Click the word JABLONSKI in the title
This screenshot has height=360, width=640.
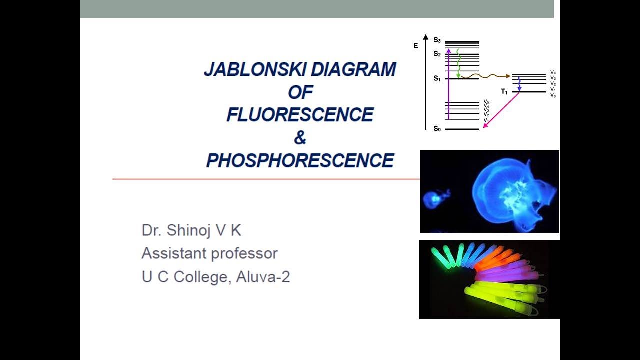point(248,70)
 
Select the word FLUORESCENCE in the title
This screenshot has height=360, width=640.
point(300,115)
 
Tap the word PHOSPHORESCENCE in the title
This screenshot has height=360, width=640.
point(300,160)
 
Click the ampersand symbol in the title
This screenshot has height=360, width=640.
point(300,138)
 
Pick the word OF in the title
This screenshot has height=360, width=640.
point(300,92)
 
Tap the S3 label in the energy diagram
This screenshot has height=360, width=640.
point(437,40)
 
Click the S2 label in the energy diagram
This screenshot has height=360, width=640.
point(437,54)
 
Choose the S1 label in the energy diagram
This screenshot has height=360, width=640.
point(437,79)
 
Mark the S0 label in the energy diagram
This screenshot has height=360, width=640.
point(437,129)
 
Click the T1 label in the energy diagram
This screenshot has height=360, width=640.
point(504,92)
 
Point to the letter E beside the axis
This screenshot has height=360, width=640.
point(415,46)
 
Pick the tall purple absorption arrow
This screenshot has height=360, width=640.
point(449,85)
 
